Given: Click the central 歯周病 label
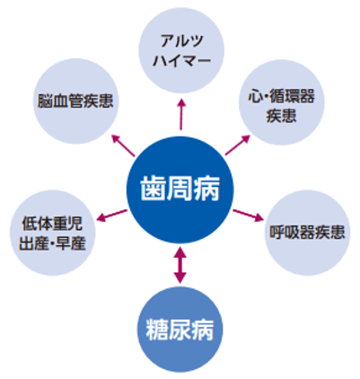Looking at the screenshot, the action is coord(180,189).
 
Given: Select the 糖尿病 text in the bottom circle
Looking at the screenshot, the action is coord(180,330).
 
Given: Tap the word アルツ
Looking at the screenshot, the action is coord(182,40).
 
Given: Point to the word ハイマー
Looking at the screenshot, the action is coord(182,60).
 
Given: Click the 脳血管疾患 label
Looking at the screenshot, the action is coord(75,101).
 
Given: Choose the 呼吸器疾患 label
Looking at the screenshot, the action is coord(307,232).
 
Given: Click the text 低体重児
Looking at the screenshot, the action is coord(52,224).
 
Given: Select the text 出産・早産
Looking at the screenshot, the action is coord(52,243).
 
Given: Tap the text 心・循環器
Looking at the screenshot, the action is coord(281,96).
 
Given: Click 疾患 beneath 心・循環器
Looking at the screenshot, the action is coord(281,116).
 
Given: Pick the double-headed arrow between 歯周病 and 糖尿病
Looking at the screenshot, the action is coord(180,265).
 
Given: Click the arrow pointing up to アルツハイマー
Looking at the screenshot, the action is coord(181,114).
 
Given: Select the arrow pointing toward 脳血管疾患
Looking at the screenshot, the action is coord(123,145).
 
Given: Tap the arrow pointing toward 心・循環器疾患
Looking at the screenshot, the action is coord(237,145).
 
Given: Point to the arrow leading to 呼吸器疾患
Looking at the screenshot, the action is coord(248,216).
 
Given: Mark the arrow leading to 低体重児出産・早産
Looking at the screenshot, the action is coord(112,216).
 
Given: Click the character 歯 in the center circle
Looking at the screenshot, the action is coord(153,189).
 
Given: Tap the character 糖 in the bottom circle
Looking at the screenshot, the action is coord(157,330).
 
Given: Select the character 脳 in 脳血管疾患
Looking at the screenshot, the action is coord(45,101).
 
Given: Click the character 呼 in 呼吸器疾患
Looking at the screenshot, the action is coord(277,232).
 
